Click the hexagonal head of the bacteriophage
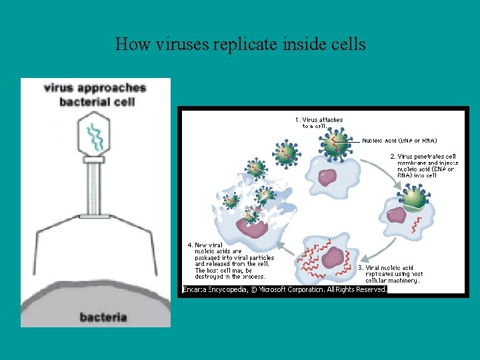(x=93, y=135)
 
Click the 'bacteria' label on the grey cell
(x=104, y=317)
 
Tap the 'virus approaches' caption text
(x=95, y=87)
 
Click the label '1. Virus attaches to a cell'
(x=319, y=123)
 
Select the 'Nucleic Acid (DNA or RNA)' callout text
(x=399, y=141)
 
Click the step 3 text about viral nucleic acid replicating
(x=394, y=274)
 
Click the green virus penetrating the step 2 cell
(x=411, y=198)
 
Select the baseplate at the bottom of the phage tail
(x=94, y=215)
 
